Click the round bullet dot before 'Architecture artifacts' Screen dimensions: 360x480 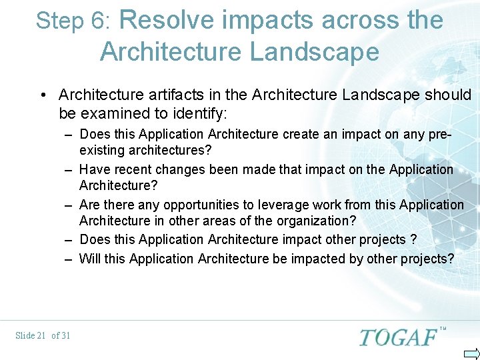pyautogui.click(x=44, y=95)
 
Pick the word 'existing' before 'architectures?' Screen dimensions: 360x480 pyautogui.click(x=102, y=149)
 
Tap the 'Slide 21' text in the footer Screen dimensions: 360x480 pyautogui.click(x=30, y=335)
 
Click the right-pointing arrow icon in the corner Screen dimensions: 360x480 pyautogui.click(x=471, y=353)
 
